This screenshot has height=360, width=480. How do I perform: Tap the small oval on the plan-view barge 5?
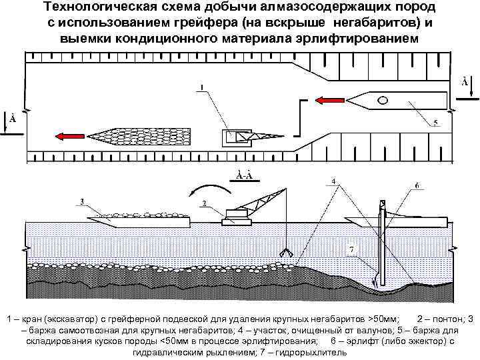(x=383, y=100)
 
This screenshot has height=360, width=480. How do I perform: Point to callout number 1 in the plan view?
(x=202, y=87)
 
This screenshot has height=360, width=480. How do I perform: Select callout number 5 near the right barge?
(x=435, y=123)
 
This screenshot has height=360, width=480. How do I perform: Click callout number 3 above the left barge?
(x=82, y=201)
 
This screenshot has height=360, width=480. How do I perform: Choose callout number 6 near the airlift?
(x=416, y=185)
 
